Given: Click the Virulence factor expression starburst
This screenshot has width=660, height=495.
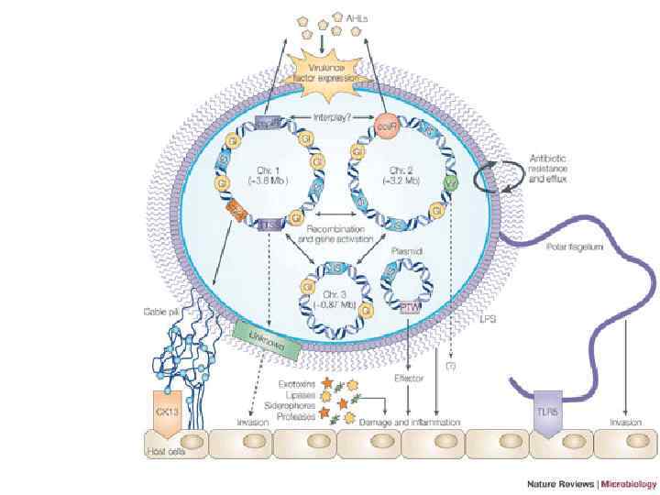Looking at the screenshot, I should click(x=329, y=73).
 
